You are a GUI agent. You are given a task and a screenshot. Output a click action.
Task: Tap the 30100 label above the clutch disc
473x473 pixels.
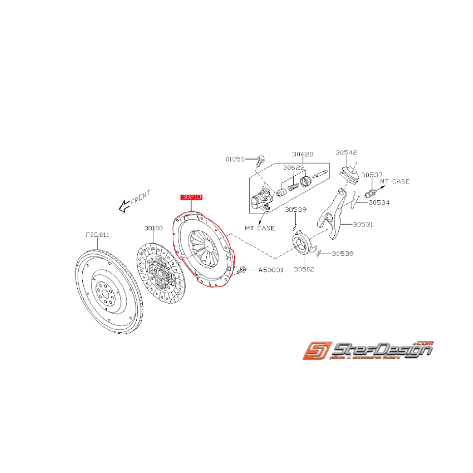coord(153,229)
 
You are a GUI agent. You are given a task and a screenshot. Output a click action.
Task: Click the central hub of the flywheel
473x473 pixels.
coord(106,294)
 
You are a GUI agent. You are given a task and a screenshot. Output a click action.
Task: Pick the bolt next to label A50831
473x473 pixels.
coord(241,271)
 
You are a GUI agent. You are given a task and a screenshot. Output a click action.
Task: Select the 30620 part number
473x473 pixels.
coord(303,154)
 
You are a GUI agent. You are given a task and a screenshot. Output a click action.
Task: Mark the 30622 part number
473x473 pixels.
coord(294,167)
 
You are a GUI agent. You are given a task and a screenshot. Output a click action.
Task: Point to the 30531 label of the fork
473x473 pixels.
coord(362,224)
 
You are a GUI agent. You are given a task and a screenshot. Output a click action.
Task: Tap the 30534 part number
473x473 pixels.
coord(380,202)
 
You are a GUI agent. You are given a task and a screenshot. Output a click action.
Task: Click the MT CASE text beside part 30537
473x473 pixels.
coord(395,181)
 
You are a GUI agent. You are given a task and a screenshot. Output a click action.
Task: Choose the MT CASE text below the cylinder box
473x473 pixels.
coord(260,228)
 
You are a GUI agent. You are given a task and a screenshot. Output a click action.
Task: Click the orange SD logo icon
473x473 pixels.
coord(316,351)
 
